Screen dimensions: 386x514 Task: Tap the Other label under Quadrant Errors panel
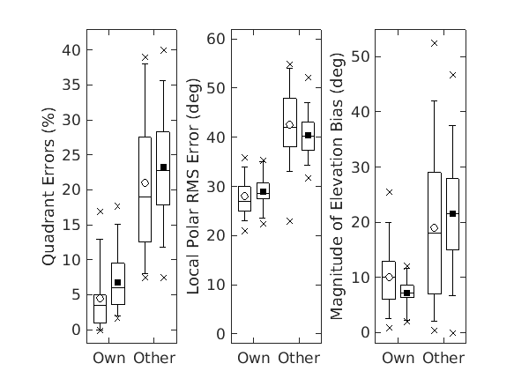click(154, 358)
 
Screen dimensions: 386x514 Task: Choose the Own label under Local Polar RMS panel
click(254, 358)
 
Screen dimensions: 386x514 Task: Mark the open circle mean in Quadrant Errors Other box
click(145, 182)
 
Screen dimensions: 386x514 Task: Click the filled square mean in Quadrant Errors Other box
click(163, 167)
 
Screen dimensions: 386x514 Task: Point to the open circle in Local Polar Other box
click(289, 125)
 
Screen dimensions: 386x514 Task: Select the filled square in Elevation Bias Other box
click(452, 213)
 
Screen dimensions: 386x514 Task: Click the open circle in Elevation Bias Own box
click(389, 277)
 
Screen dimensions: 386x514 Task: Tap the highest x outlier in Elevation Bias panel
click(434, 43)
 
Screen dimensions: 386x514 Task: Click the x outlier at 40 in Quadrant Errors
click(163, 50)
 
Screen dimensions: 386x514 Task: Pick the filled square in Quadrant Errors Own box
click(118, 282)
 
